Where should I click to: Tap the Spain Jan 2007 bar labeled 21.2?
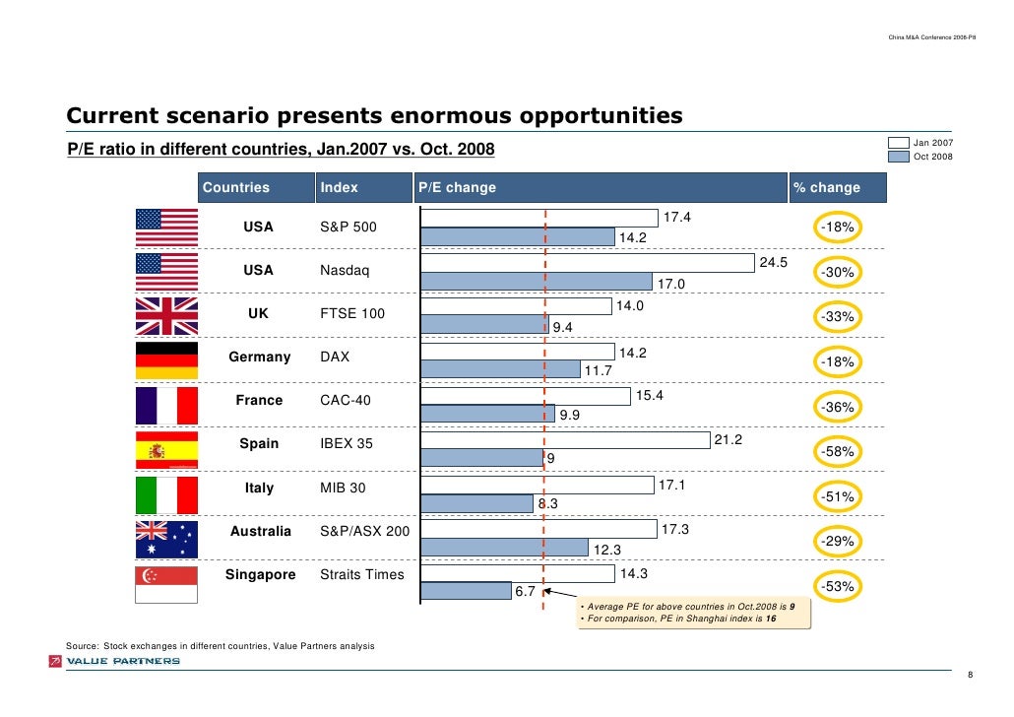pyautogui.click(x=564, y=438)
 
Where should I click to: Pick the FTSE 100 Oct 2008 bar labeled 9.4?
pyautogui.click(x=483, y=324)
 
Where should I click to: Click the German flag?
pyautogui.click(x=166, y=360)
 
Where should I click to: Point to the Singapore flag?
pyautogui.click(x=166, y=584)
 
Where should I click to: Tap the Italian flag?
pyautogui.click(x=166, y=495)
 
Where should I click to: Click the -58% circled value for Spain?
pyautogui.click(x=837, y=451)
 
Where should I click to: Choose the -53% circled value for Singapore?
pyautogui.click(x=837, y=587)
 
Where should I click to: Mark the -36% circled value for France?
pyautogui.click(x=837, y=407)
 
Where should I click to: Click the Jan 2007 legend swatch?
pyautogui.click(x=898, y=142)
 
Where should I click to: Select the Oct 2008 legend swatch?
pyautogui.click(x=898, y=156)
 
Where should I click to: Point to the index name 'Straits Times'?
pyautogui.click(x=362, y=575)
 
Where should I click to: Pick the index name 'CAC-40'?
pyautogui.click(x=343, y=401)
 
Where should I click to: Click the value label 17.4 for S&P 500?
pyautogui.click(x=678, y=217)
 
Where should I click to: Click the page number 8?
pyautogui.click(x=971, y=675)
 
